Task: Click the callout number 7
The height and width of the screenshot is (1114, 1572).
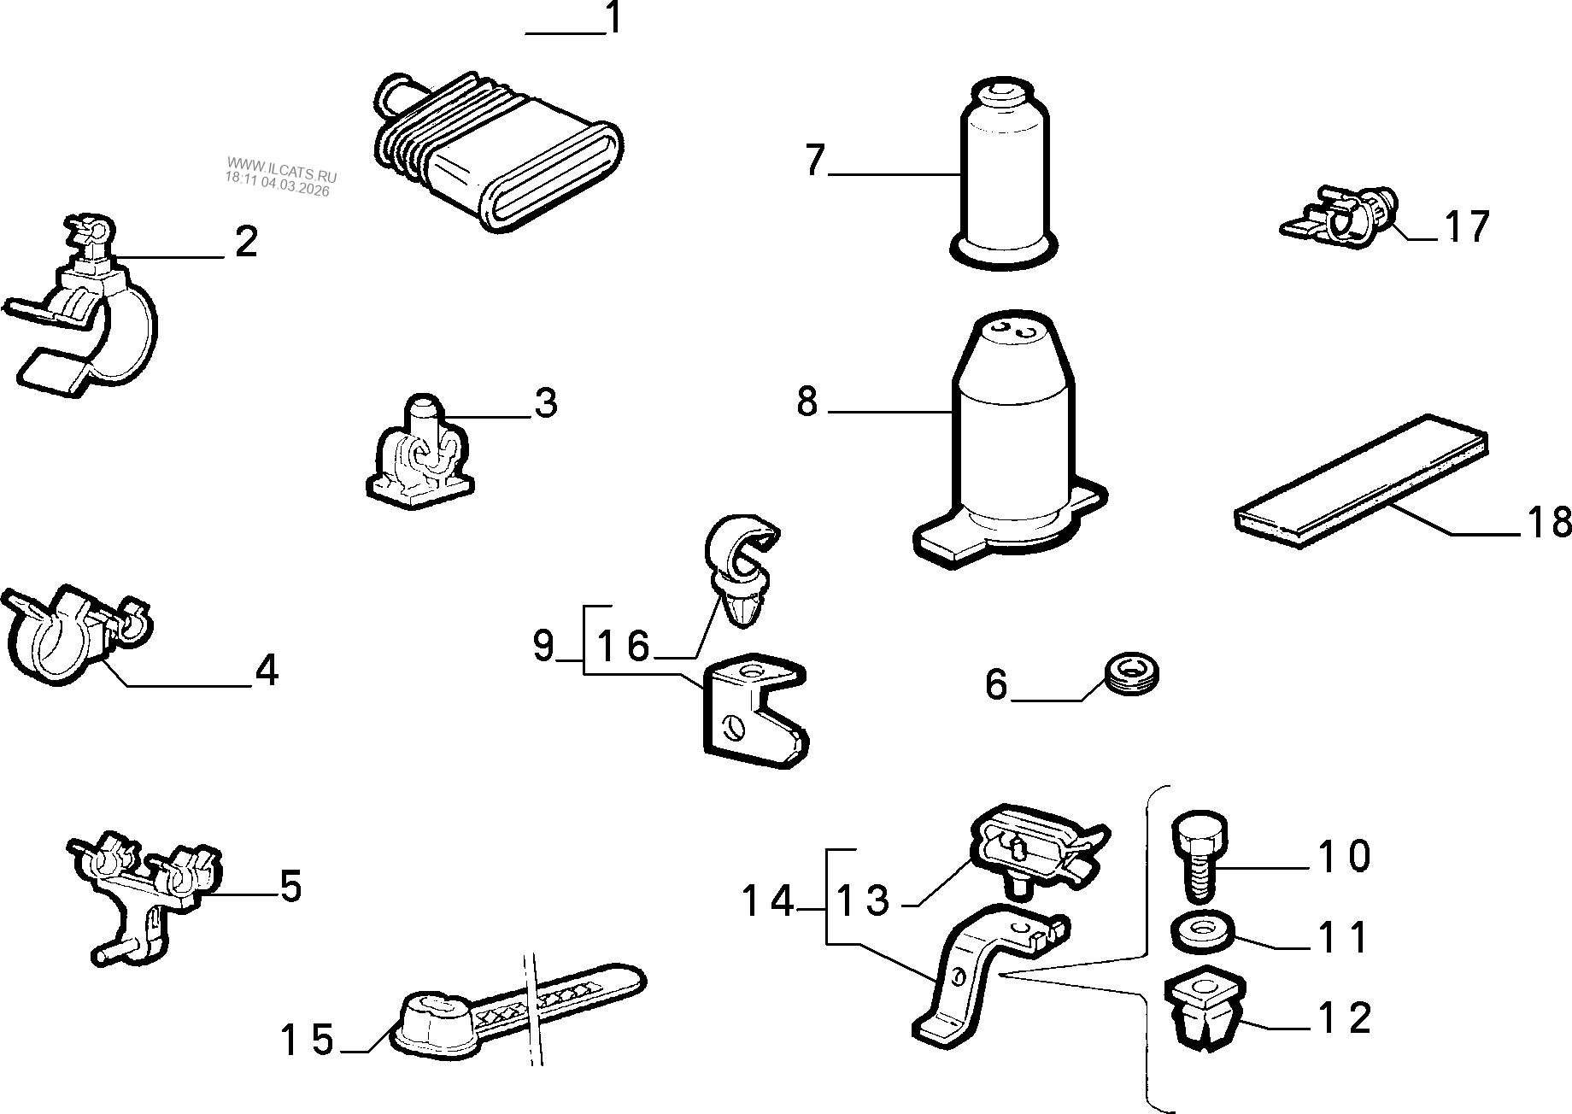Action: pyautogui.click(x=815, y=161)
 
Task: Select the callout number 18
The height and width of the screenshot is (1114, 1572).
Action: pyautogui.click(x=1548, y=522)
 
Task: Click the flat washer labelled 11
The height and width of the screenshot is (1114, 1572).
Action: pyautogui.click(x=1203, y=931)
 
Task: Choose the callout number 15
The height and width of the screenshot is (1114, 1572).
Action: pyautogui.click(x=308, y=1040)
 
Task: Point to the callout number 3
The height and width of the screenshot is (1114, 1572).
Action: pyautogui.click(x=545, y=402)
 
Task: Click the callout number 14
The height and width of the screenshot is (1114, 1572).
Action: pyautogui.click(x=767, y=901)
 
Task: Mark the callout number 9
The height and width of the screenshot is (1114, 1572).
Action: pyautogui.click(x=543, y=646)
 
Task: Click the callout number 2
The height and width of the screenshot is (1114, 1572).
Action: pyautogui.click(x=246, y=243)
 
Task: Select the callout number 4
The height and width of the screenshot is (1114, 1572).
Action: pyautogui.click(x=267, y=671)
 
